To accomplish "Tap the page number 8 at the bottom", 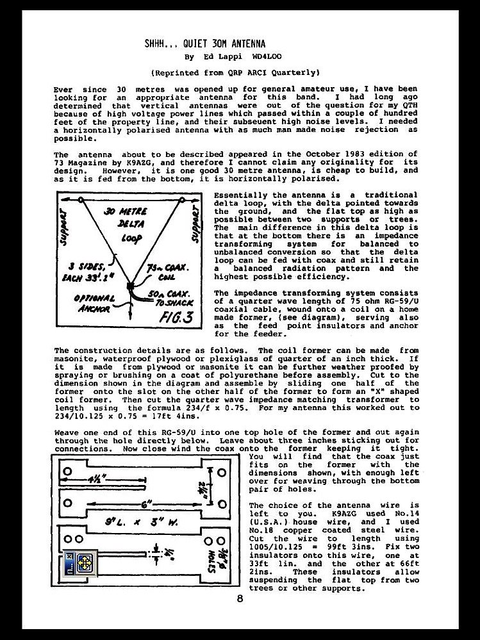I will pyautogui.click(x=240, y=600).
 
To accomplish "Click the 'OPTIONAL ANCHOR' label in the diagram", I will pyautogui.click(x=94, y=303).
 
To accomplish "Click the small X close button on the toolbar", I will pyautogui.click(x=69, y=555).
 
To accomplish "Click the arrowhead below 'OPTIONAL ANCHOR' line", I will pyautogui.click(x=131, y=327).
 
